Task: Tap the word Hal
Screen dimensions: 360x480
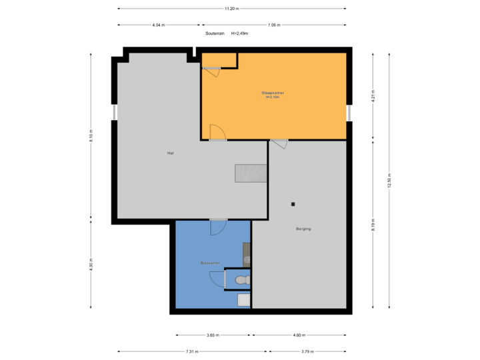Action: tap(171, 153)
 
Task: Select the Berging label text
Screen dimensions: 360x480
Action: tap(303, 229)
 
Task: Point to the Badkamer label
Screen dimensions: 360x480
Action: tap(210, 263)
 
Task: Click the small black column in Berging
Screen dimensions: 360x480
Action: tap(293, 204)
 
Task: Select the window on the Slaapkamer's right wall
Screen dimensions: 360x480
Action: tap(349, 113)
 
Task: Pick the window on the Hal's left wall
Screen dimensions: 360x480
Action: tap(114, 112)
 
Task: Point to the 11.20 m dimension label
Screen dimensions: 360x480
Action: tap(231, 9)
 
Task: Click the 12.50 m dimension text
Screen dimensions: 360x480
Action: tap(389, 181)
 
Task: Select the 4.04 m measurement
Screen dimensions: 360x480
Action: tap(159, 25)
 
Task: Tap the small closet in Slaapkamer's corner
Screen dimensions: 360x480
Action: tap(219, 60)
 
